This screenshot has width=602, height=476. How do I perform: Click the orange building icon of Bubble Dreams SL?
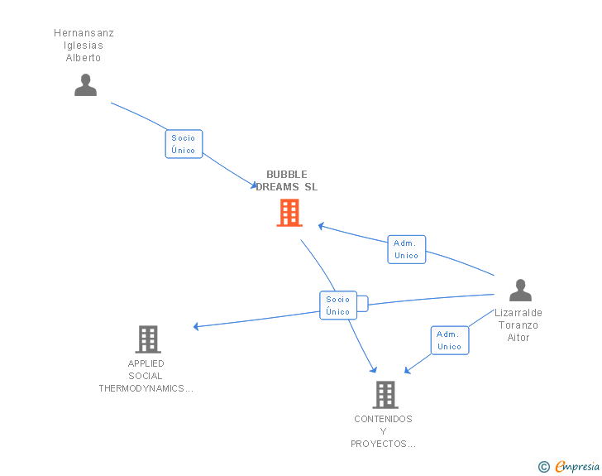pos(289,214)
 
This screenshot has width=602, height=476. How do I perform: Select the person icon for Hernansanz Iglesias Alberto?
pos(85,84)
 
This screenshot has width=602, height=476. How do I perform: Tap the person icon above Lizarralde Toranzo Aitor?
pos(520,291)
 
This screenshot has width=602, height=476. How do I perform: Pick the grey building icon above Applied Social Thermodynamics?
pos(147,339)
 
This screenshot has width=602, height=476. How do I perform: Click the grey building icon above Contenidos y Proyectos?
pos(385,395)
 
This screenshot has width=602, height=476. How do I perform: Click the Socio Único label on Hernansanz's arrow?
pos(184,144)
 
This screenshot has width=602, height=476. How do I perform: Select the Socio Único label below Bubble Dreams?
pos(338,305)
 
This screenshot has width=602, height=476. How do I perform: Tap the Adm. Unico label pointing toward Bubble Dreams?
pos(406,249)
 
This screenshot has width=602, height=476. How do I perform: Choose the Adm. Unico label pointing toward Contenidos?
pos(449,340)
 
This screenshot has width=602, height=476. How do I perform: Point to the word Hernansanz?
pos(84,33)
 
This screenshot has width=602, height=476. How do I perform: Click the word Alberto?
pos(84,58)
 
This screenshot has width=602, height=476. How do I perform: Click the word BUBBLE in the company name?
pos(286,175)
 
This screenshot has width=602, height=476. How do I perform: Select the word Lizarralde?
pos(518,313)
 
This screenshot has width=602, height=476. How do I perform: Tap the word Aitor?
pos(518,338)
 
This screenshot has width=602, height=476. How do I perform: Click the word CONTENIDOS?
pos(383,419)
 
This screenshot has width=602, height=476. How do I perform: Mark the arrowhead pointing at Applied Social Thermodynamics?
pos(197,326)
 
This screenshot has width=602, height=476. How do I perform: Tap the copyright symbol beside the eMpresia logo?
pos(543,467)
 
